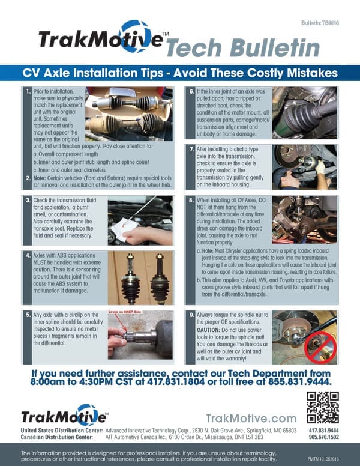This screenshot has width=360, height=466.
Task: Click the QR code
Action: click(322, 407)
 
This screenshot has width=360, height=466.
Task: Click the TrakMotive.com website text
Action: click(251, 418)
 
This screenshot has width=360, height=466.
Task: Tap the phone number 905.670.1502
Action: click(323, 438)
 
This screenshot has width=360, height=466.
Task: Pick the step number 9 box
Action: click(190, 315)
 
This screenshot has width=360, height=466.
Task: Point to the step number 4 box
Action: click(28, 255)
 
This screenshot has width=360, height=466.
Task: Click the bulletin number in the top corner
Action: click(321, 22)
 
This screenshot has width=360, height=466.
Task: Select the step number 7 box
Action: click(190, 149)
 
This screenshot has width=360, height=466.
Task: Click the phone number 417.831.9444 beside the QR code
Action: click(323, 431)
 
